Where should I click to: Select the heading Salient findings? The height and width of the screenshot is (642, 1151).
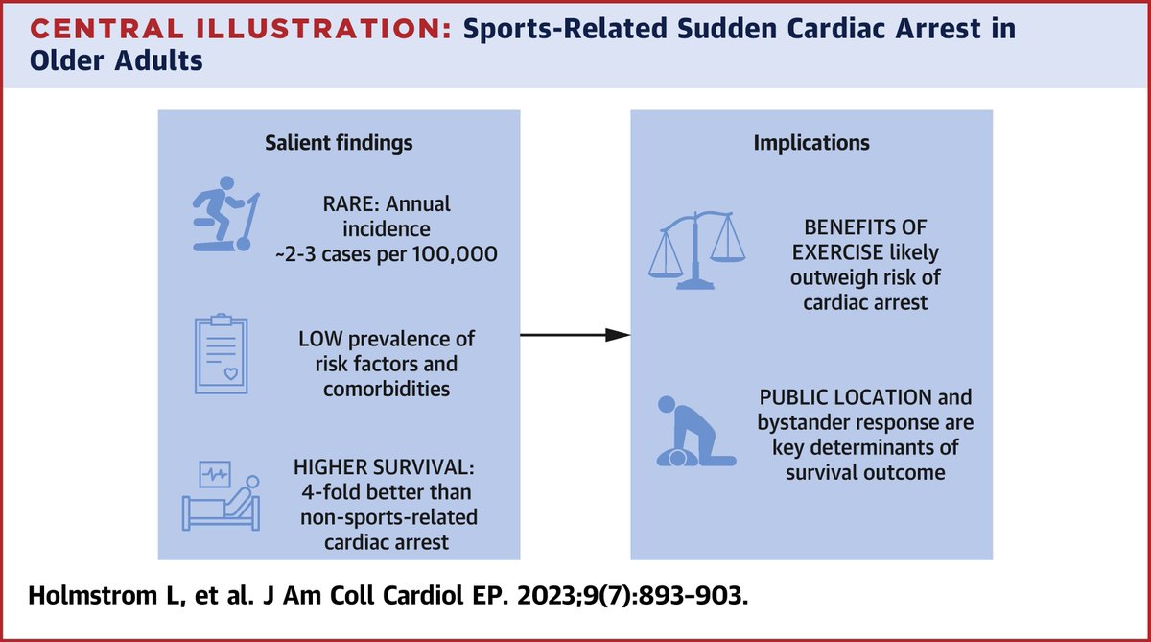[339, 143]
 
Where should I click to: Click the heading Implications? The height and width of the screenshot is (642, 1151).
[811, 143]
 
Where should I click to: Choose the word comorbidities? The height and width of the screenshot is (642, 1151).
[386, 390]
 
